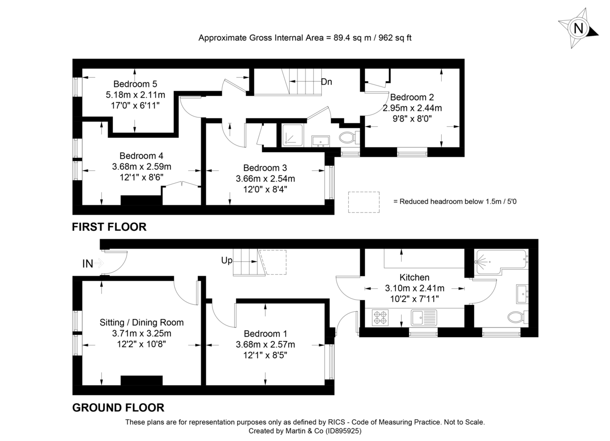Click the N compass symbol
point(578,28)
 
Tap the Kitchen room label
point(414,277)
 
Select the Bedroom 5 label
point(135,84)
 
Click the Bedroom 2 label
point(412,97)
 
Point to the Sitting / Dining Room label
point(141,322)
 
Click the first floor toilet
point(348,137)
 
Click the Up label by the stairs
point(227,260)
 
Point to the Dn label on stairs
point(326,81)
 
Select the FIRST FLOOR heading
point(109,227)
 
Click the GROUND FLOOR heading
point(118,407)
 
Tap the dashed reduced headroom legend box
point(363,202)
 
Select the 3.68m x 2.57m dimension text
point(269,345)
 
